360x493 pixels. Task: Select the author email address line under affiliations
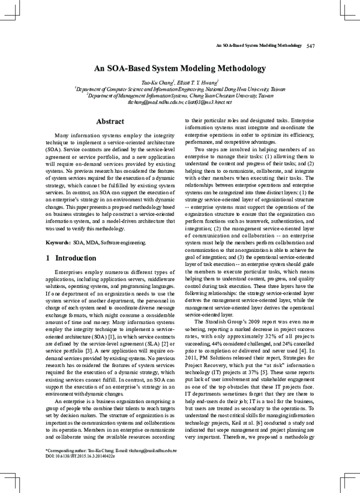[179, 102]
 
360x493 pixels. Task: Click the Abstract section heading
[110, 122]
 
